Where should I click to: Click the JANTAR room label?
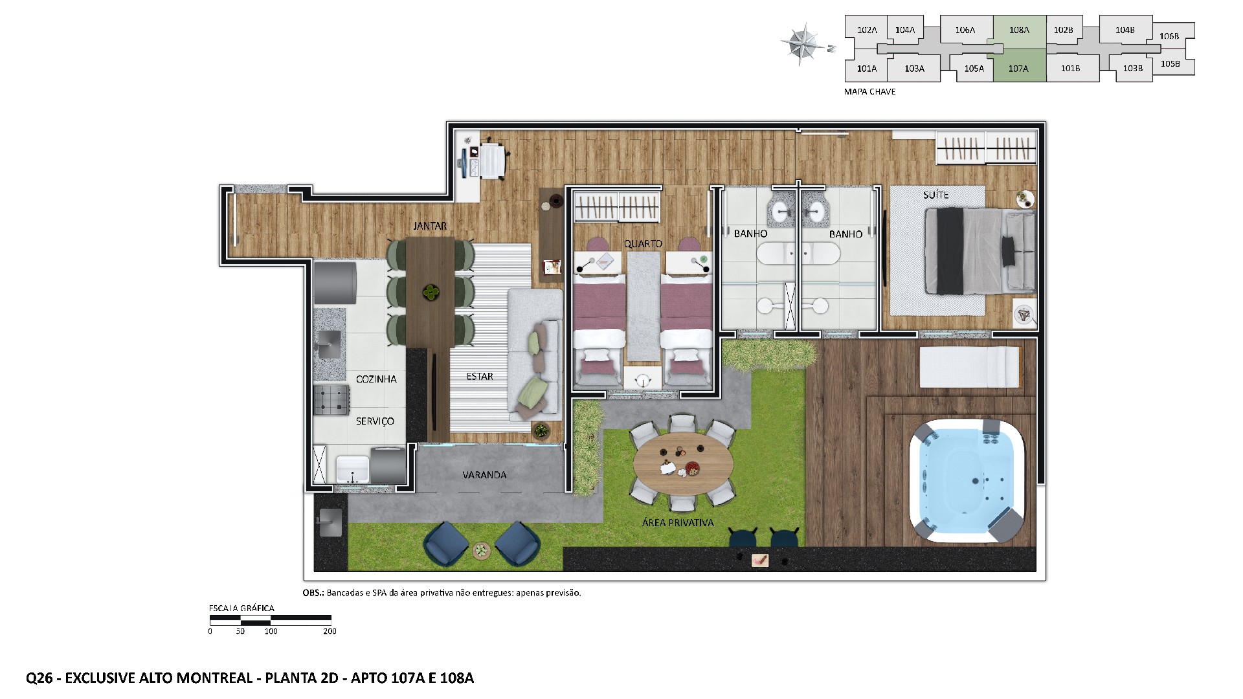tap(430, 226)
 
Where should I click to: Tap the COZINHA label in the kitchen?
tap(376, 379)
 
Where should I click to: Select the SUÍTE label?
tap(935, 195)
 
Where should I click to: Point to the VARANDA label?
tap(484, 475)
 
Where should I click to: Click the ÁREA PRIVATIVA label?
tap(678, 523)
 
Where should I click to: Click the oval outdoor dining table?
tap(683, 463)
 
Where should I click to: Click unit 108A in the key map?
tap(1019, 30)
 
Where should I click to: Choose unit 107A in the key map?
tap(1018, 69)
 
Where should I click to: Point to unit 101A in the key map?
tap(867, 69)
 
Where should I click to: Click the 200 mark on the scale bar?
tap(330, 632)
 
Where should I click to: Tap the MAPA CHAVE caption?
tap(869, 92)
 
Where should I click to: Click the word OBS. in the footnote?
tap(313, 593)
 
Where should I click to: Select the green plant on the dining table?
tap(429, 293)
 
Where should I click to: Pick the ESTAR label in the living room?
tap(480, 377)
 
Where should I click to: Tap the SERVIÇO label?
tap(375, 421)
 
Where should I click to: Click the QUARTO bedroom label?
tap(643, 244)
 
